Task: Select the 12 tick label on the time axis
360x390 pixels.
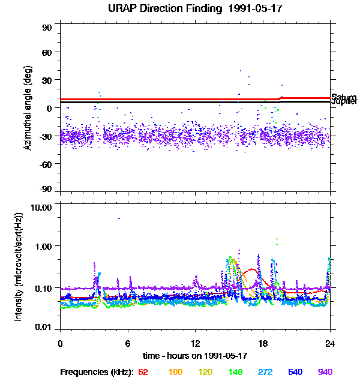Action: click(195, 344)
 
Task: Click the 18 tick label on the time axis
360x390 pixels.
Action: click(263, 344)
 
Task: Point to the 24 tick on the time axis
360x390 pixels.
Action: click(330, 344)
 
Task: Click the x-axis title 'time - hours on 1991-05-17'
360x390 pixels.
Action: click(195, 356)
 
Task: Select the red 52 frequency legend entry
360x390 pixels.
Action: click(143, 372)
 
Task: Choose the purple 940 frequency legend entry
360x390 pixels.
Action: click(325, 372)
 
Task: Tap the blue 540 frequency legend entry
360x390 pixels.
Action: click(295, 372)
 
